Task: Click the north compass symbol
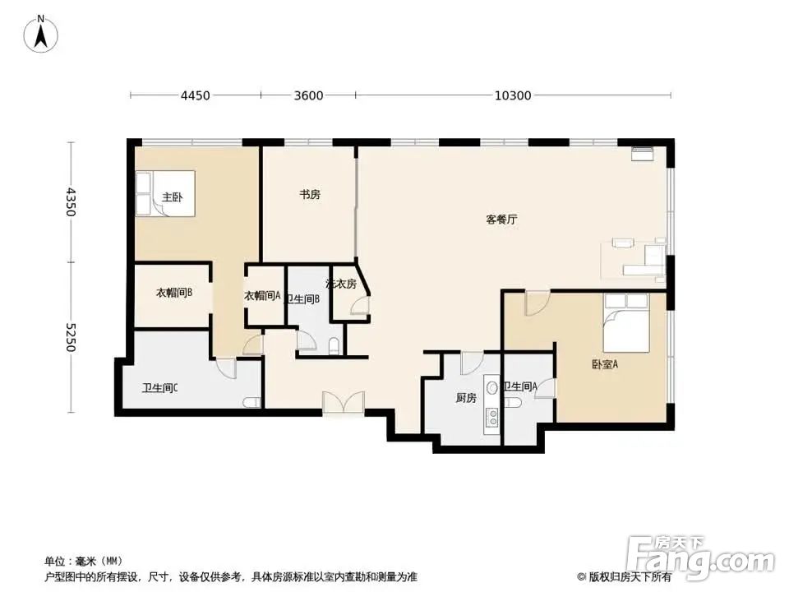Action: (40, 35)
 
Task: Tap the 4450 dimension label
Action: (196, 95)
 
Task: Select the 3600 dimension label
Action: (308, 95)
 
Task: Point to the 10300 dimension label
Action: (513, 95)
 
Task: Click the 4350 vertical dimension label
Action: (71, 202)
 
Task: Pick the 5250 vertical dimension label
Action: (71, 337)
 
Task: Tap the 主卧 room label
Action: (172, 197)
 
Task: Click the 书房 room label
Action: (309, 195)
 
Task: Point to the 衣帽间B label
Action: (174, 293)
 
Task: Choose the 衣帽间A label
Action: (262, 296)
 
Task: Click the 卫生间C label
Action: (160, 388)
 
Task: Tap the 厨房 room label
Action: (466, 398)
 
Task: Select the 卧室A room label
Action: (604, 364)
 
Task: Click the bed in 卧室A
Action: (635, 320)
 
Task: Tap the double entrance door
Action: (343, 403)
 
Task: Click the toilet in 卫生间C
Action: (252, 402)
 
